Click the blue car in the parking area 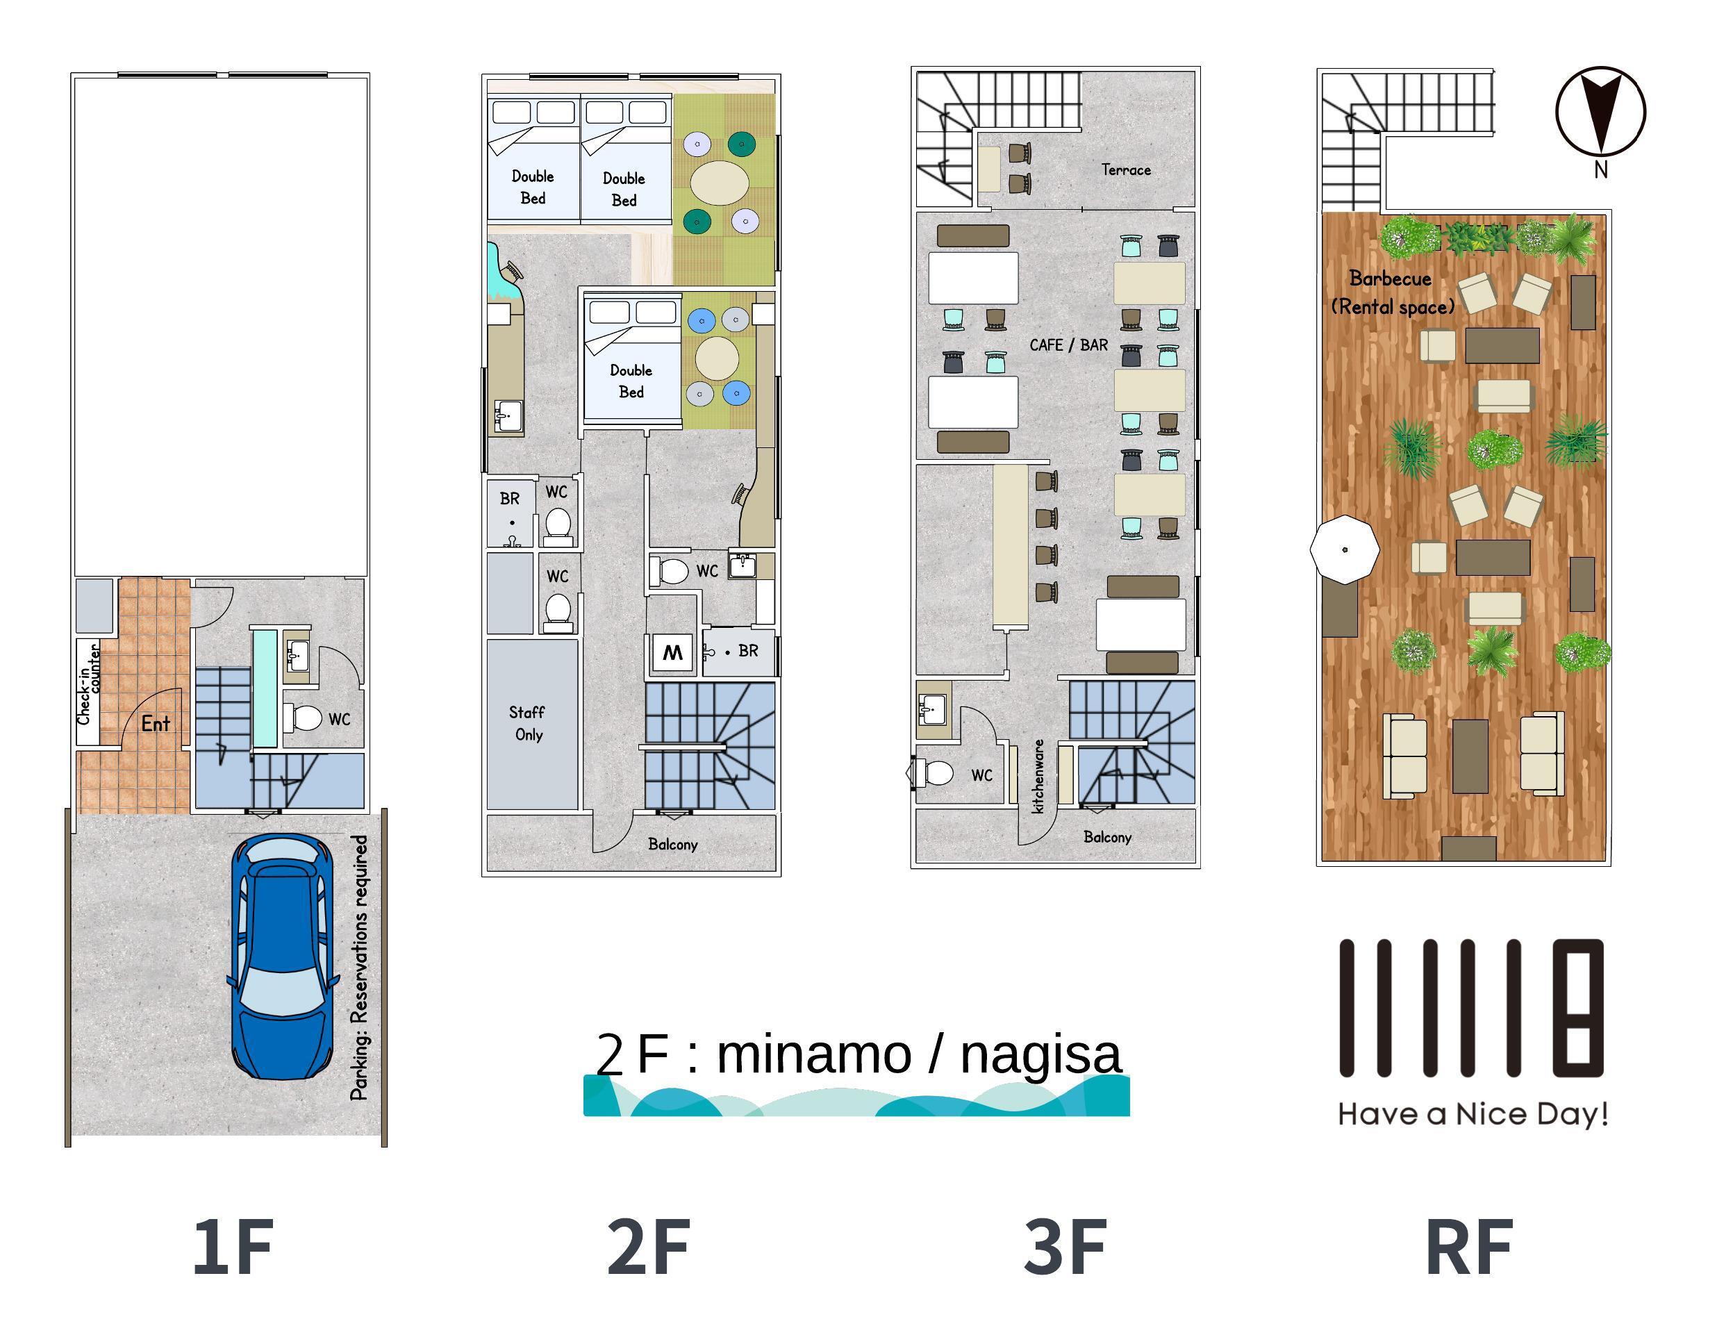coord(281,956)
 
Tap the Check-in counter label coord(88,683)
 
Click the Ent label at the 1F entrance coord(156,723)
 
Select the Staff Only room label coord(526,723)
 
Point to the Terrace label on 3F coord(1126,169)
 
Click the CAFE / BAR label coord(1068,345)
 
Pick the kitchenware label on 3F coord(1038,776)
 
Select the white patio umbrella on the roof coord(1345,549)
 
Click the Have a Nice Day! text coord(1473,1115)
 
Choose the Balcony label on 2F coord(673,844)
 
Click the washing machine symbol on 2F coord(672,652)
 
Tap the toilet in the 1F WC coord(302,717)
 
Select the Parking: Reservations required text coord(359,968)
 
